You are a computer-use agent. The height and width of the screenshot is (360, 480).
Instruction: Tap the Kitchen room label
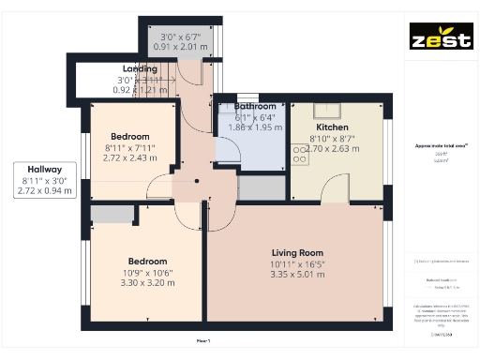point(332,127)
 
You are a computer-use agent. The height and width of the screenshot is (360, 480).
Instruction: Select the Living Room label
point(297,253)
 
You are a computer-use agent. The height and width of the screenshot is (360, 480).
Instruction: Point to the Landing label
point(140,69)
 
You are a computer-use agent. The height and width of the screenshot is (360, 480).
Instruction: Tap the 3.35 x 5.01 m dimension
point(297,275)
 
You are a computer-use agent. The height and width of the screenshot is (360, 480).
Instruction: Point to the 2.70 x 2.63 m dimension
point(333,148)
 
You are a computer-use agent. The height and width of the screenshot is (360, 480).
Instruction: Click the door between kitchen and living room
point(334,191)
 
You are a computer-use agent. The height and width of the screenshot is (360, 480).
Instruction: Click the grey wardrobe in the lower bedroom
point(112,215)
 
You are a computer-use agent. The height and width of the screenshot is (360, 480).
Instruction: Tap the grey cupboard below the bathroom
point(261,187)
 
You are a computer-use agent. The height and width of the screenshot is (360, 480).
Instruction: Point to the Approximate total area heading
point(441,146)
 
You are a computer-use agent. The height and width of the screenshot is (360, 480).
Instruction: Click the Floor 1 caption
point(202,341)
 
